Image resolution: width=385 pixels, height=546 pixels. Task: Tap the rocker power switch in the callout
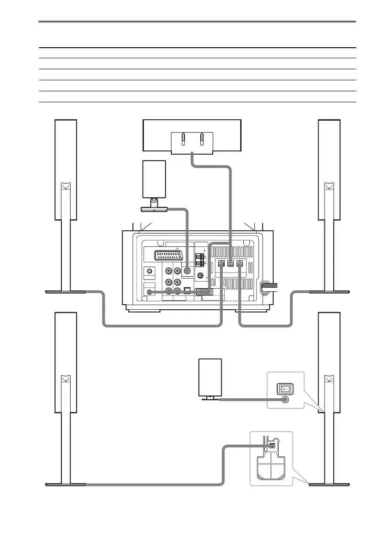[x=285, y=388]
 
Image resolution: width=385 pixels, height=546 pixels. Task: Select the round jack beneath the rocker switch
[x=285, y=400]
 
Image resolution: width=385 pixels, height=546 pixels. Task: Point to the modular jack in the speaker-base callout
[x=272, y=445]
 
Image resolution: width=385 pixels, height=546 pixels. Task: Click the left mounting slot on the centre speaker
[x=182, y=139]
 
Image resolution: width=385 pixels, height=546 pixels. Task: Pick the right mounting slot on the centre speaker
[x=202, y=139]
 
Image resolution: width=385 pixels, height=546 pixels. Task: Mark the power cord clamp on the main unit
[x=264, y=287]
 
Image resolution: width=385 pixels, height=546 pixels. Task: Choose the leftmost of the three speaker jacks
[x=221, y=263]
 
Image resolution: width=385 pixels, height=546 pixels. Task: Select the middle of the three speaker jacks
[x=231, y=263]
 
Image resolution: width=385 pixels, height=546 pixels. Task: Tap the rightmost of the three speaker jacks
[x=239, y=263]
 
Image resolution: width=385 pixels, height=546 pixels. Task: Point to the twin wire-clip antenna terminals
[x=200, y=260]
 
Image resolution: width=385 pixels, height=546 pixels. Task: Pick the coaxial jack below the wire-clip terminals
[x=200, y=276]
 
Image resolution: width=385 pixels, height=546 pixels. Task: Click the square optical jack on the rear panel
[x=187, y=290]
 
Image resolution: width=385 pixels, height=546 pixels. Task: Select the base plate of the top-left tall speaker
[x=66, y=291]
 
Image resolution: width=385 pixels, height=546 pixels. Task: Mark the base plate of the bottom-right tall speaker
[x=329, y=484]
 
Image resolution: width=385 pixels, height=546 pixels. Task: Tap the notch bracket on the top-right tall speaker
[x=329, y=186]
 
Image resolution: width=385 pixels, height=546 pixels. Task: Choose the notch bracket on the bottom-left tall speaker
[x=65, y=379]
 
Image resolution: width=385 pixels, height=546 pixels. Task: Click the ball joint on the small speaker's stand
[x=154, y=200]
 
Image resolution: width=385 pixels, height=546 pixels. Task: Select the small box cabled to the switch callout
[x=210, y=377]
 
